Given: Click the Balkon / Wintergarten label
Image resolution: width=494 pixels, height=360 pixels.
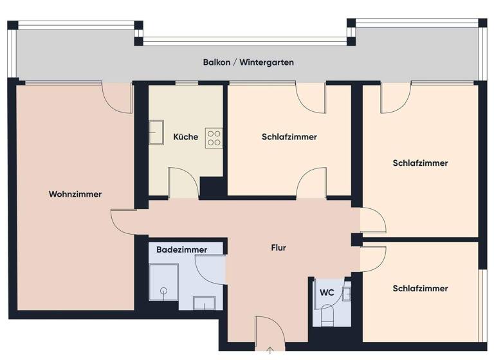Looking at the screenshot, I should [x=248, y=62].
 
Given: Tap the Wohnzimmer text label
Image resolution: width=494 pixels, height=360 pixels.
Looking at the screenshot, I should [x=75, y=194].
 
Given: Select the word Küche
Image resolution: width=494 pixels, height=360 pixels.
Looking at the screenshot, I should [x=186, y=137].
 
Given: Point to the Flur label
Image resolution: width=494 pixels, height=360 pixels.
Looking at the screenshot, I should [x=278, y=248].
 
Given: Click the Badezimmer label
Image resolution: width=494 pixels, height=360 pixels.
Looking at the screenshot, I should [x=182, y=249].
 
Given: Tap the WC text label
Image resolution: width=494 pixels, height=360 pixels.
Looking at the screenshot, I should [x=327, y=292].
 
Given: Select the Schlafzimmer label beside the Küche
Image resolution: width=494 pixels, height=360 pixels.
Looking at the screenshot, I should [x=289, y=137].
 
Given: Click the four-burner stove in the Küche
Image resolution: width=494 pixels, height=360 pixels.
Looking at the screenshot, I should [x=214, y=138].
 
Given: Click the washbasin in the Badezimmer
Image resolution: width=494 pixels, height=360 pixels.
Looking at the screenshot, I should [x=205, y=303].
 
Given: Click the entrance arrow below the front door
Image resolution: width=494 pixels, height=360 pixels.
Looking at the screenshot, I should [x=270, y=351].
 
